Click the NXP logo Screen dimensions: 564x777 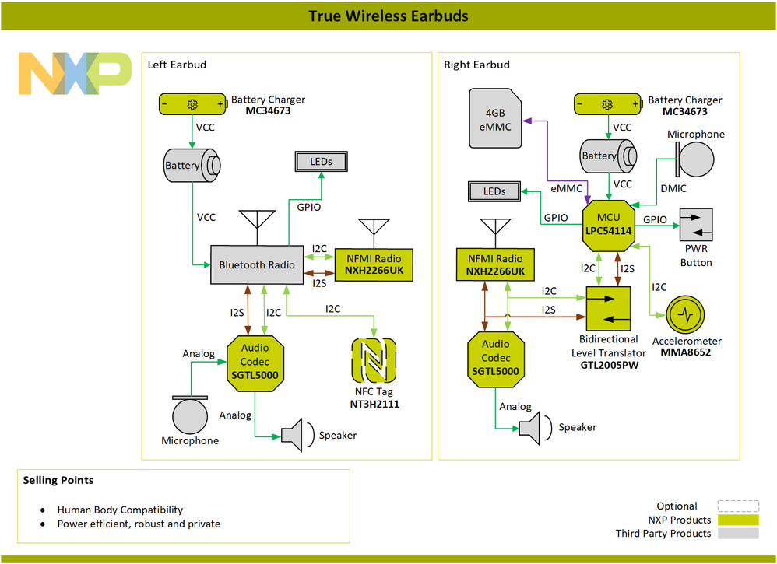(x=75, y=74)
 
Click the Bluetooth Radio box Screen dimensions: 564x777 (x=256, y=265)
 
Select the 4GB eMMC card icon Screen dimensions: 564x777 (x=494, y=118)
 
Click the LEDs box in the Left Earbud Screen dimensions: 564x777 (x=321, y=162)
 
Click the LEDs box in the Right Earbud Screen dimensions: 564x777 (x=494, y=191)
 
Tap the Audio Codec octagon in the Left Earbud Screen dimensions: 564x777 (x=254, y=362)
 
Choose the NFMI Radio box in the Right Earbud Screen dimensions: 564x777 (x=494, y=264)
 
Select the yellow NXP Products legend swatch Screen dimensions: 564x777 (x=737, y=520)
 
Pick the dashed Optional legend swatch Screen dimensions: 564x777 (x=737, y=506)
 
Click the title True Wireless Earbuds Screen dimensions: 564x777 (x=388, y=16)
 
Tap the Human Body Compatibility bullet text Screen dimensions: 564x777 (x=120, y=510)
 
